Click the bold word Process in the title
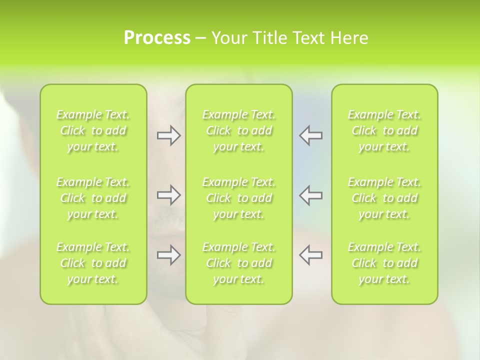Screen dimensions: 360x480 [157, 38]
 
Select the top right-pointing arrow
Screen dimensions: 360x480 [168, 135]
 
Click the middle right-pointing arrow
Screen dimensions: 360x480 [168, 195]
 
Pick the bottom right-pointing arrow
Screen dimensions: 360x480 [168, 255]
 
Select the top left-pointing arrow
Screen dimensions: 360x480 [311, 135]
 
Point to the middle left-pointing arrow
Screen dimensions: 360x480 [311, 195]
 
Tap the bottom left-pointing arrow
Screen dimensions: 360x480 [311, 255]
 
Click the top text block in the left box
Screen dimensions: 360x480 [93, 130]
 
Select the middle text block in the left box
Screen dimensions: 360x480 [93, 198]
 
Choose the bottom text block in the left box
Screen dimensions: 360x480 [93, 263]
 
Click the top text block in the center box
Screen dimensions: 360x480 [238, 130]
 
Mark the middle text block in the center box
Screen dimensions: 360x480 [238, 198]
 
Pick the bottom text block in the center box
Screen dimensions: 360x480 [238, 263]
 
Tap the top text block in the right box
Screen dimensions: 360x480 [384, 130]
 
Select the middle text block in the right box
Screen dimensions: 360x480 [384, 198]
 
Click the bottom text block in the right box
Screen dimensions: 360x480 [384, 263]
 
